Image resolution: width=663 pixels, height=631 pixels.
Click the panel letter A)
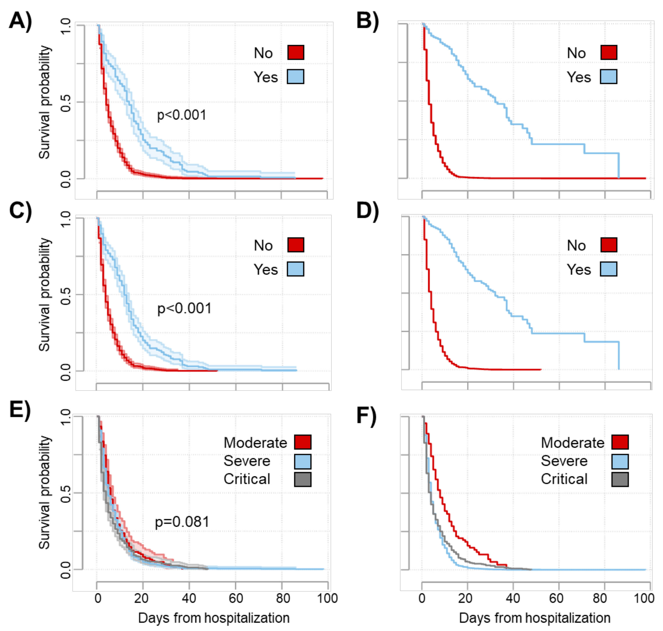[x=21, y=21]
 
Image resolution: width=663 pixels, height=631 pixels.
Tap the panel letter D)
[x=367, y=211]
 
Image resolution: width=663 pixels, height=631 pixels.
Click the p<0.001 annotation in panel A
[x=182, y=115]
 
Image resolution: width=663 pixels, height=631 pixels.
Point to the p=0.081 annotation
[x=182, y=522]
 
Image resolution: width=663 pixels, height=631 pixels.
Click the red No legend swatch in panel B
[x=609, y=53]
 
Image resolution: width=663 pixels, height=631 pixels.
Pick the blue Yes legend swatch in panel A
[x=295, y=77]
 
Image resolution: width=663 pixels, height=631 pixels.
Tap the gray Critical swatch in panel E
[x=302, y=479]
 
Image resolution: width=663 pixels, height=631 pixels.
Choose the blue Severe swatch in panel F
[x=620, y=461]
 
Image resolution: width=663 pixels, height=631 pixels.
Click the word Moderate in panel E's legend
[x=255, y=443]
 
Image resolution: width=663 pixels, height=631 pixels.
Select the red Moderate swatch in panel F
[x=620, y=442]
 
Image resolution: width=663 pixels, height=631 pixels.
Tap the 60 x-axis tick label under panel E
[x=236, y=598]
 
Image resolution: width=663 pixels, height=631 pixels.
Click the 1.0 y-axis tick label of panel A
[x=66, y=26]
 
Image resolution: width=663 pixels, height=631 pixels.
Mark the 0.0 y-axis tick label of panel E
[x=66, y=570]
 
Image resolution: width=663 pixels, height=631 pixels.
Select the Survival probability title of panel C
[x=44, y=295]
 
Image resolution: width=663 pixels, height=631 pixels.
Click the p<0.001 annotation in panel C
[x=184, y=309]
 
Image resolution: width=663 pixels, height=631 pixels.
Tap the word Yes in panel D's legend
[x=579, y=269]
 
